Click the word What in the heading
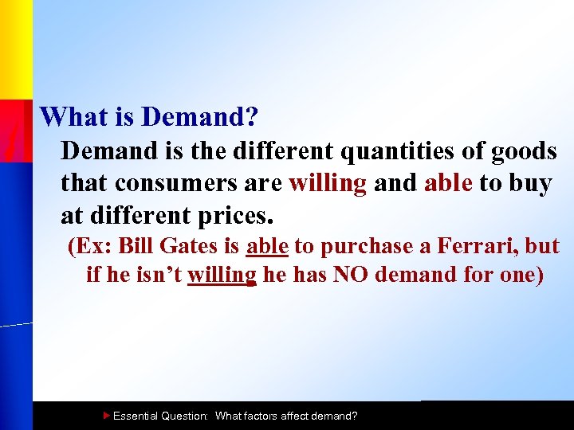pos(70,118)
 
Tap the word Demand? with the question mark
pos(199,118)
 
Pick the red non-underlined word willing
pos(327,183)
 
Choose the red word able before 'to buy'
pos(449,183)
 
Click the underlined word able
pos(267,247)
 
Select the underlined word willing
pos(222,276)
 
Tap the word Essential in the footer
pos(136,416)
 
